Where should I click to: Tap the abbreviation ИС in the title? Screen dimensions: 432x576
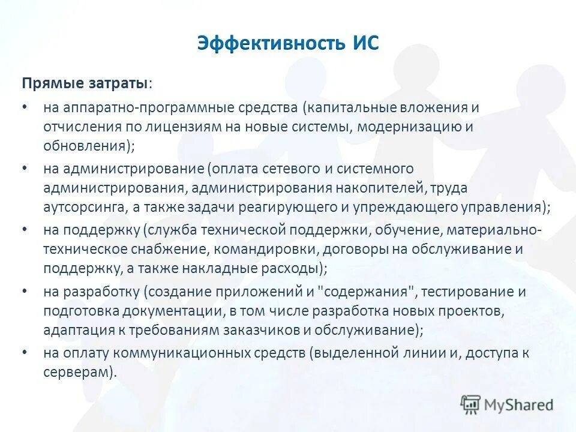(x=362, y=44)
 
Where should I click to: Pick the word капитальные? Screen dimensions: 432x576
(x=353, y=109)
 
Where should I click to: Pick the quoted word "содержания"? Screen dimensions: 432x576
(x=367, y=292)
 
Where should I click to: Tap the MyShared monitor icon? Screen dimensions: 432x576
(x=472, y=404)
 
